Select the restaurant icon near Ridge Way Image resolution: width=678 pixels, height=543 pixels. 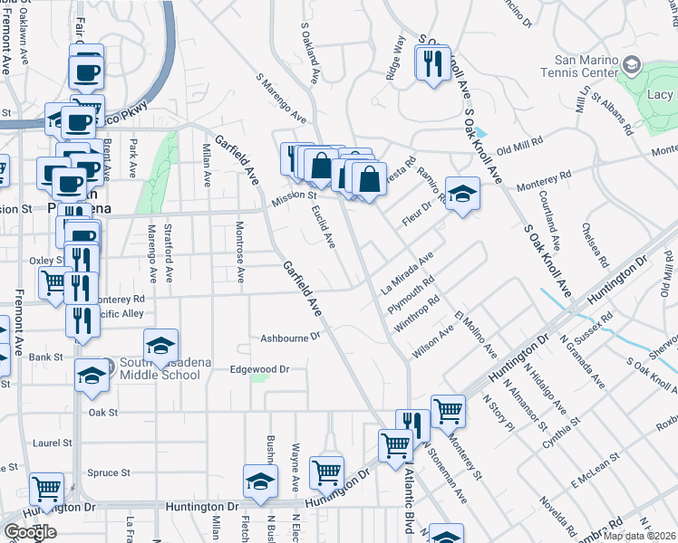(432, 63)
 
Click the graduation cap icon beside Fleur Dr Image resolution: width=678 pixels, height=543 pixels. (462, 195)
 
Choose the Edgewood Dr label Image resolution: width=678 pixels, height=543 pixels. (258, 369)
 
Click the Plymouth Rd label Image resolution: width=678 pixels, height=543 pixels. (412, 295)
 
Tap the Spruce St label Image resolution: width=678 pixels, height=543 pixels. (109, 472)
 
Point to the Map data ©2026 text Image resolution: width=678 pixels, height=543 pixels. (639, 536)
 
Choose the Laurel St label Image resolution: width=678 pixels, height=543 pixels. (52, 443)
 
